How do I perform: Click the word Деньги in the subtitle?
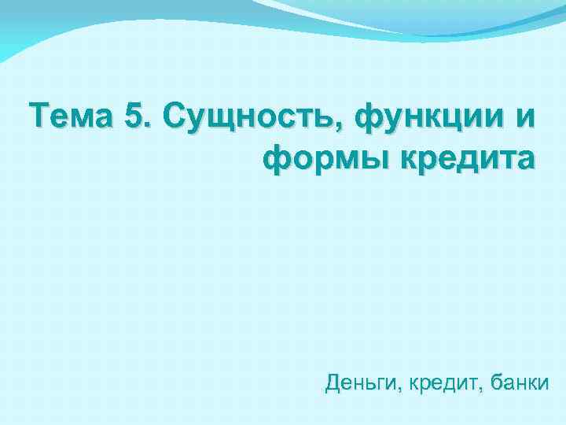point(355,384)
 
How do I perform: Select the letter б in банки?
point(495,383)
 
